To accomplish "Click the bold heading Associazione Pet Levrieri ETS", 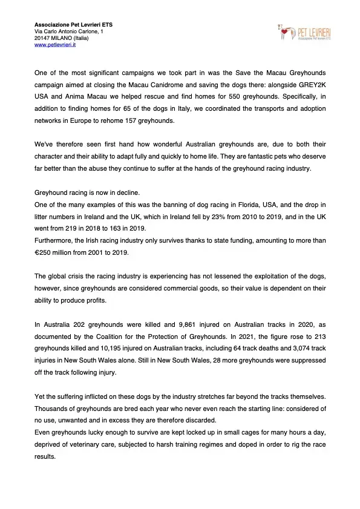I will click(73, 24).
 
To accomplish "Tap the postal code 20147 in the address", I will click(42, 38).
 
